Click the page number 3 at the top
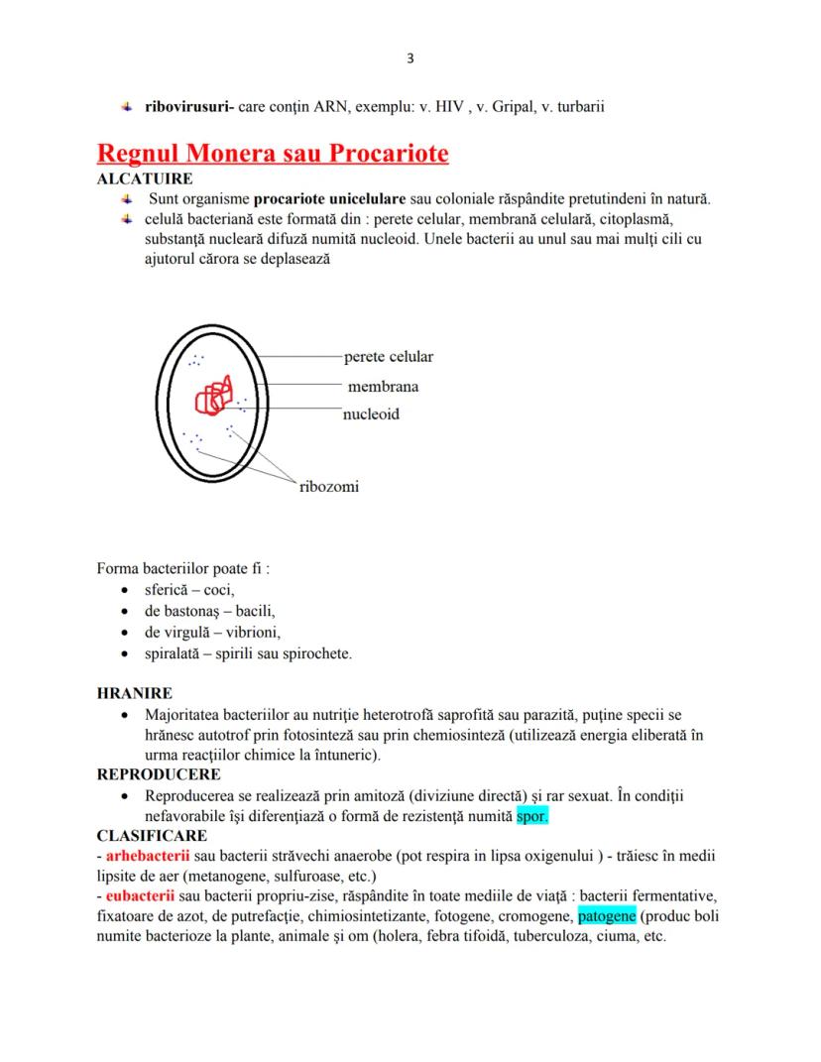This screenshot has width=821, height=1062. tap(410, 59)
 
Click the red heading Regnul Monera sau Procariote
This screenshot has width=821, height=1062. tap(272, 154)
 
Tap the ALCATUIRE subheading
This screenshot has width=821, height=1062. tap(144, 179)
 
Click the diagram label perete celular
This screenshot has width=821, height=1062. tap(389, 357)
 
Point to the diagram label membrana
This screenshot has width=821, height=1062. tap(383, 386)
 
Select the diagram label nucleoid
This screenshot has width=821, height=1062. tap(371, 413)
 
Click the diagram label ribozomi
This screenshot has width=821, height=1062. tap(329, 487)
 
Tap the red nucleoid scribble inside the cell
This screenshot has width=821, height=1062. tap(214, 396)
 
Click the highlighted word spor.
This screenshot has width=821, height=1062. tap(531, 817)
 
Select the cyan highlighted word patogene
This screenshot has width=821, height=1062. tap(607, 915)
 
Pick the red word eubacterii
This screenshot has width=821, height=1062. tap(138, 895)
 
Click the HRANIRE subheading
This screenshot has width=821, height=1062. tap(134, 694)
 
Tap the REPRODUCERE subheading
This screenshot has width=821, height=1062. tap(159, 773)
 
